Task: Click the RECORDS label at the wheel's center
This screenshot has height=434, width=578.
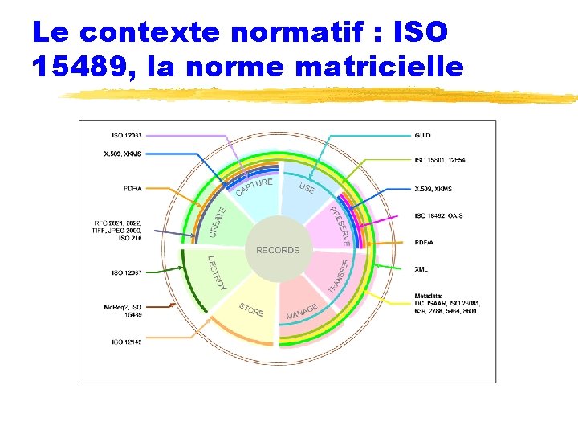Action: click(x=278, y=250)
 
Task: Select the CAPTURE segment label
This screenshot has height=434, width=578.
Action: click(x=254, y=186)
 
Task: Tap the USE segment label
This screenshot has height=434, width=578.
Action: click(x=307, y=187)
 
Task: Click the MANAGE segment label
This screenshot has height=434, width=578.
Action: click(x=302, y=310)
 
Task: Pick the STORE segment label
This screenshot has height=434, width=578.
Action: click(x=250, y=309)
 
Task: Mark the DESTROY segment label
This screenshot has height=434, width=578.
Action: click(x=217, y=273)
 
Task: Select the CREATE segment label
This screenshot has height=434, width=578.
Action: click(x=218, y=222)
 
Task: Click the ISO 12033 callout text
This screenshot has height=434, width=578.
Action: click(x=127, y=135)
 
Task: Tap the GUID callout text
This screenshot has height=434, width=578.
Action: click(x=422, y=135)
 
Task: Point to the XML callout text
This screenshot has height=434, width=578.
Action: click(x=421, y=268)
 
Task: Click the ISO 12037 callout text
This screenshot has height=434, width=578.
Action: click(x=127, y=272)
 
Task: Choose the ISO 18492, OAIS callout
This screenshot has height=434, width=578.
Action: click(x=438, y=215)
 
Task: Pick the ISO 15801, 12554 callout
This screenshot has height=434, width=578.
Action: click(x=439, y=160)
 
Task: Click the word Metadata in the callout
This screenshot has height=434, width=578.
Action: click(x=429, y=294)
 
